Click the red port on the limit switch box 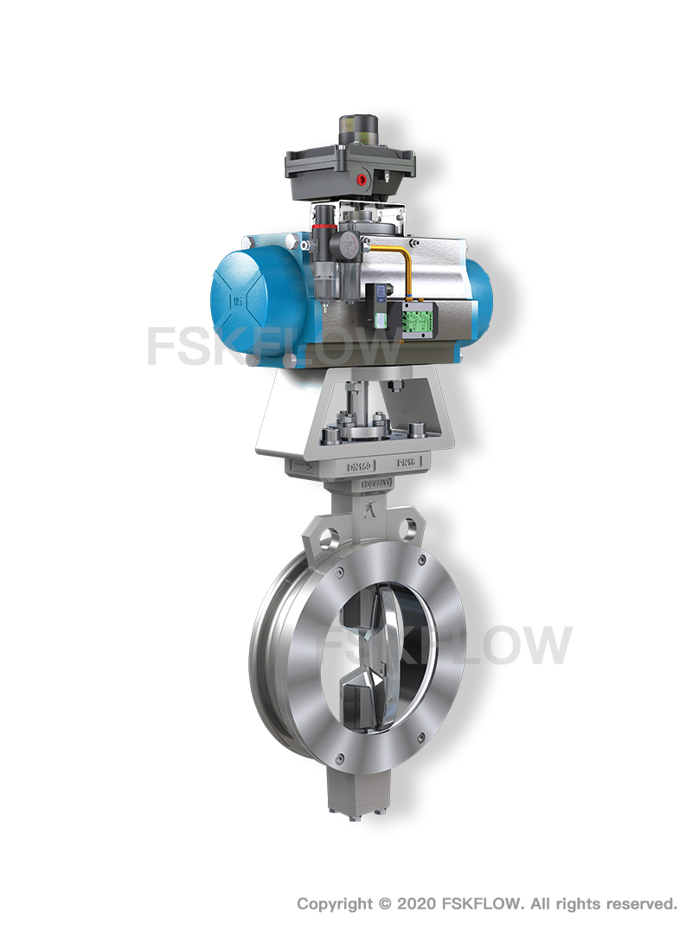tap(361, 179)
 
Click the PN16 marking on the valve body tap(404, 464)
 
